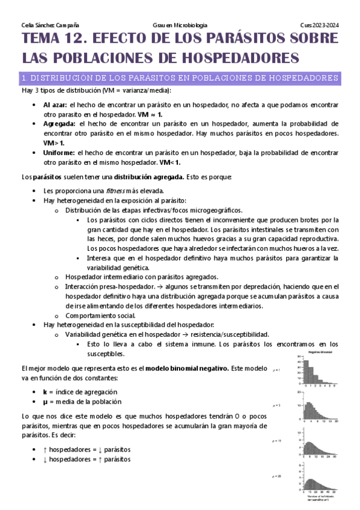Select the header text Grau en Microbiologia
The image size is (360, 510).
(180, 25)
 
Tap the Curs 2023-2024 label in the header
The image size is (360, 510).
(320, 25)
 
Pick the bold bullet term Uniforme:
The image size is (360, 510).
(59, 153)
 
